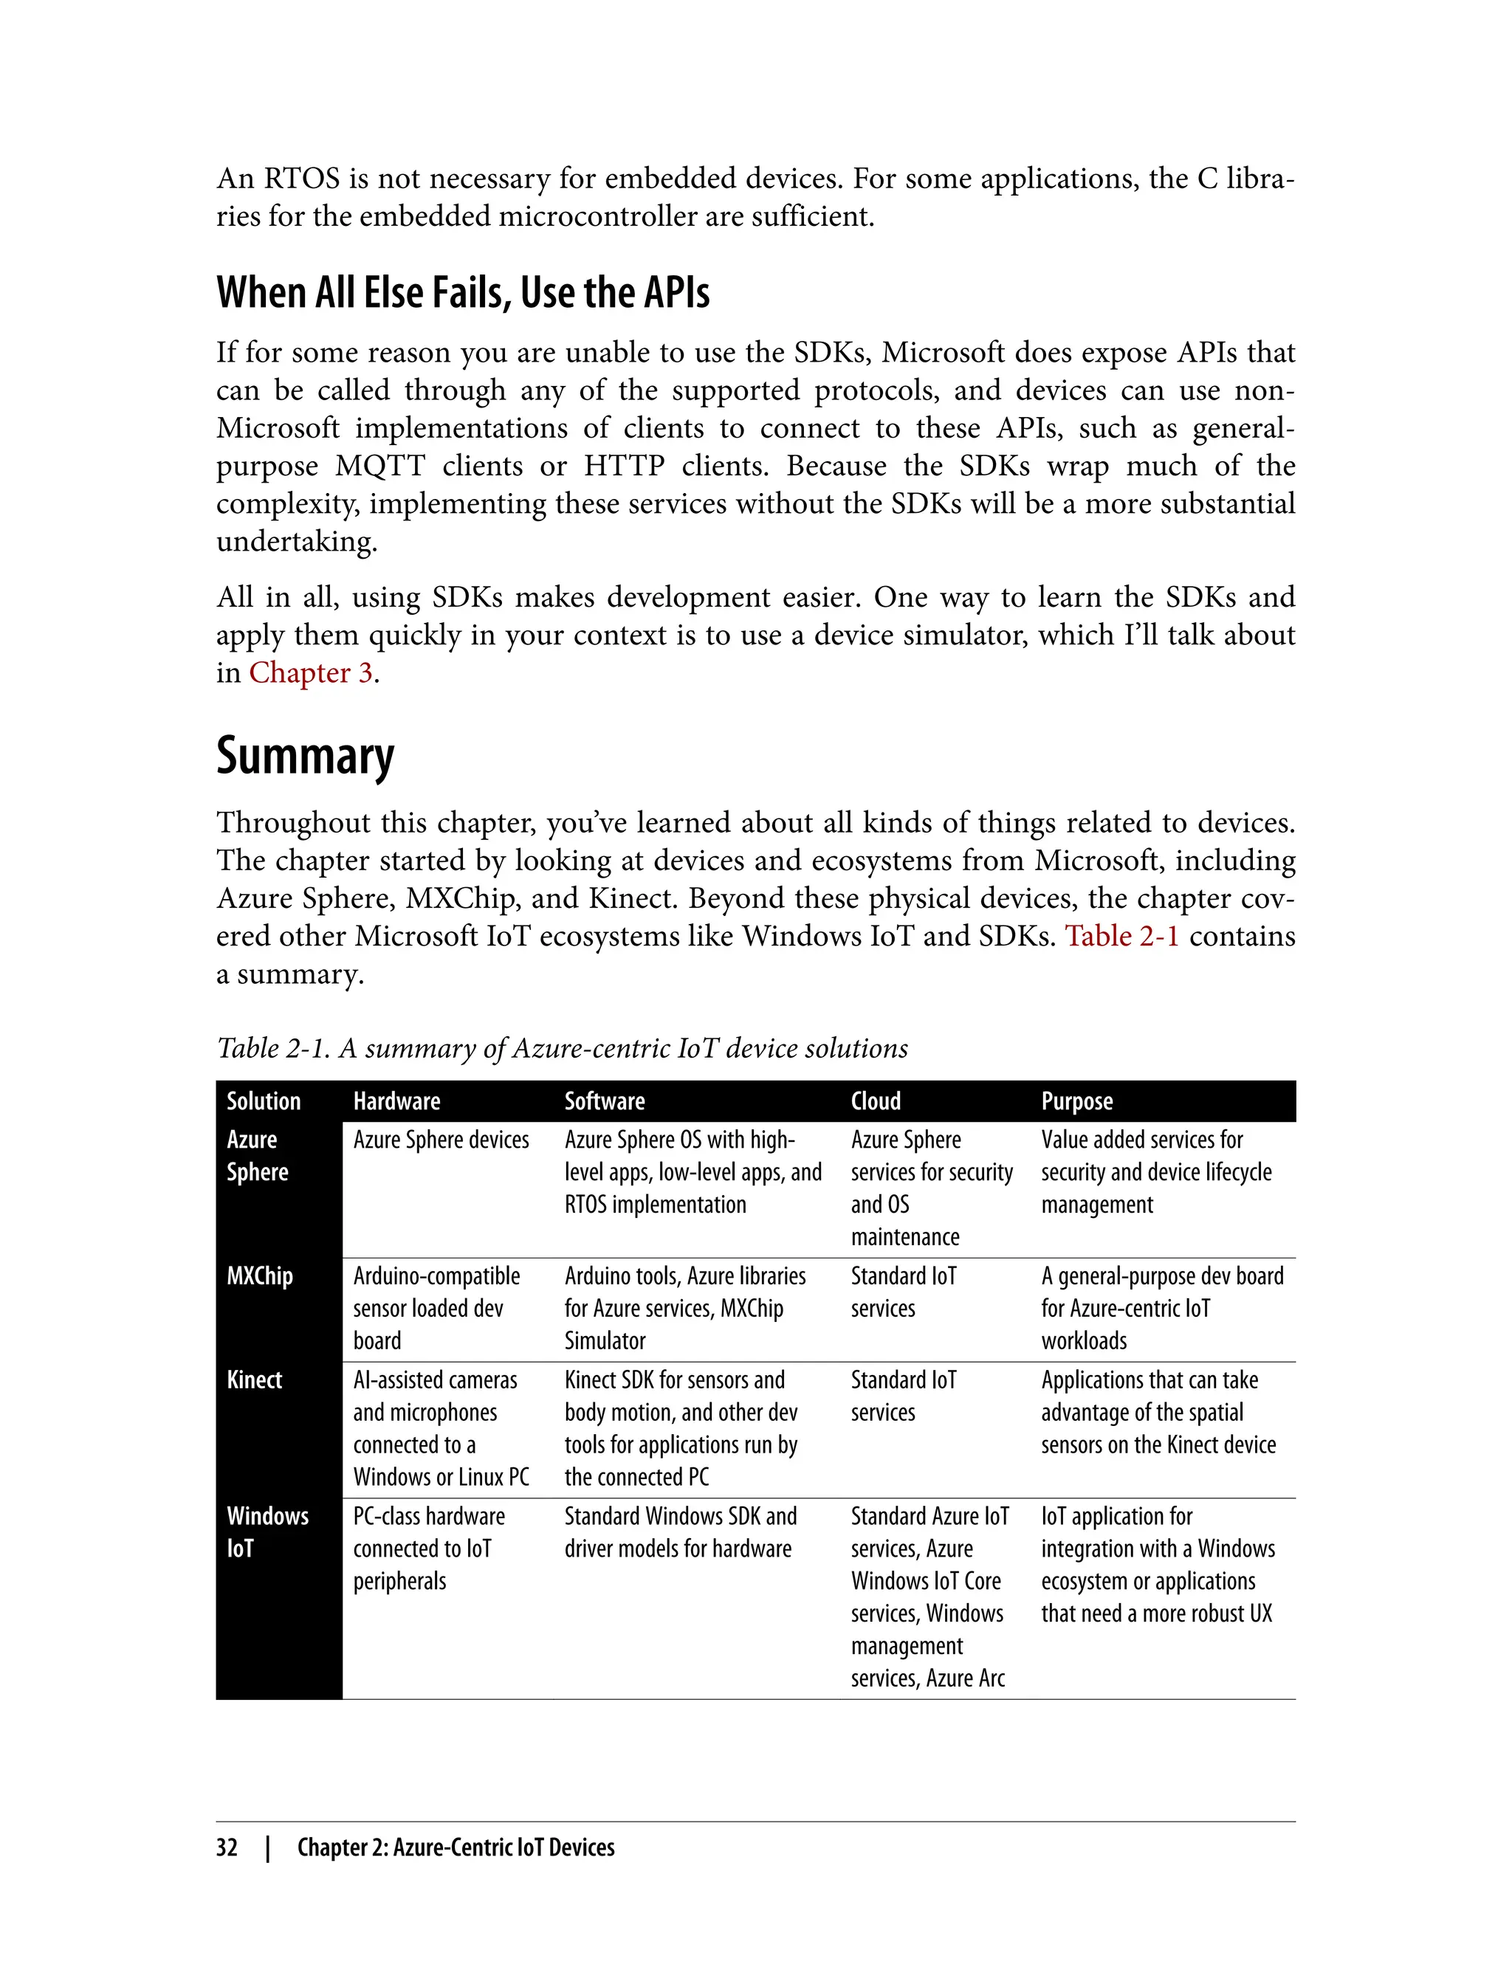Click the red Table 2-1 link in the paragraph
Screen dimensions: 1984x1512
[x=1121, y=936]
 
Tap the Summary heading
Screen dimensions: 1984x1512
[x=305, y=756]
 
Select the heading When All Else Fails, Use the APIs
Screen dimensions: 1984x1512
[x=463, y=292]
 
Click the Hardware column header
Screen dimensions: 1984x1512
[x=396, y=1101]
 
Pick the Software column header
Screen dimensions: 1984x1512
[x=604, y=1101]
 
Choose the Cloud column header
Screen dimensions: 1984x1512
[x=875, y=1101]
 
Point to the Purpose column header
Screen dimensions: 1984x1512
[x=1076, y=1101]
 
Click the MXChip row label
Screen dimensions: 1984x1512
[x=259, y=1276]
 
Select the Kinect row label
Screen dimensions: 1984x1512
[x=254, y=1379]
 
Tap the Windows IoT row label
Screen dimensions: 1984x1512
[x=267, y=1532]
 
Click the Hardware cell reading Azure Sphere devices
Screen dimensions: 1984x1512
[x=441, y=1140]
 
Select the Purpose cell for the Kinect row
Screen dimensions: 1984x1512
[x=1158, y=1412]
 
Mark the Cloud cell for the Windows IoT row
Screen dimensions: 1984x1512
[x=929, y=1596]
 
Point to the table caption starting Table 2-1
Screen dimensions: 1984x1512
[x=562, y=1048]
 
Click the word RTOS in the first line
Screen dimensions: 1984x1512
[x=301, y=179]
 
